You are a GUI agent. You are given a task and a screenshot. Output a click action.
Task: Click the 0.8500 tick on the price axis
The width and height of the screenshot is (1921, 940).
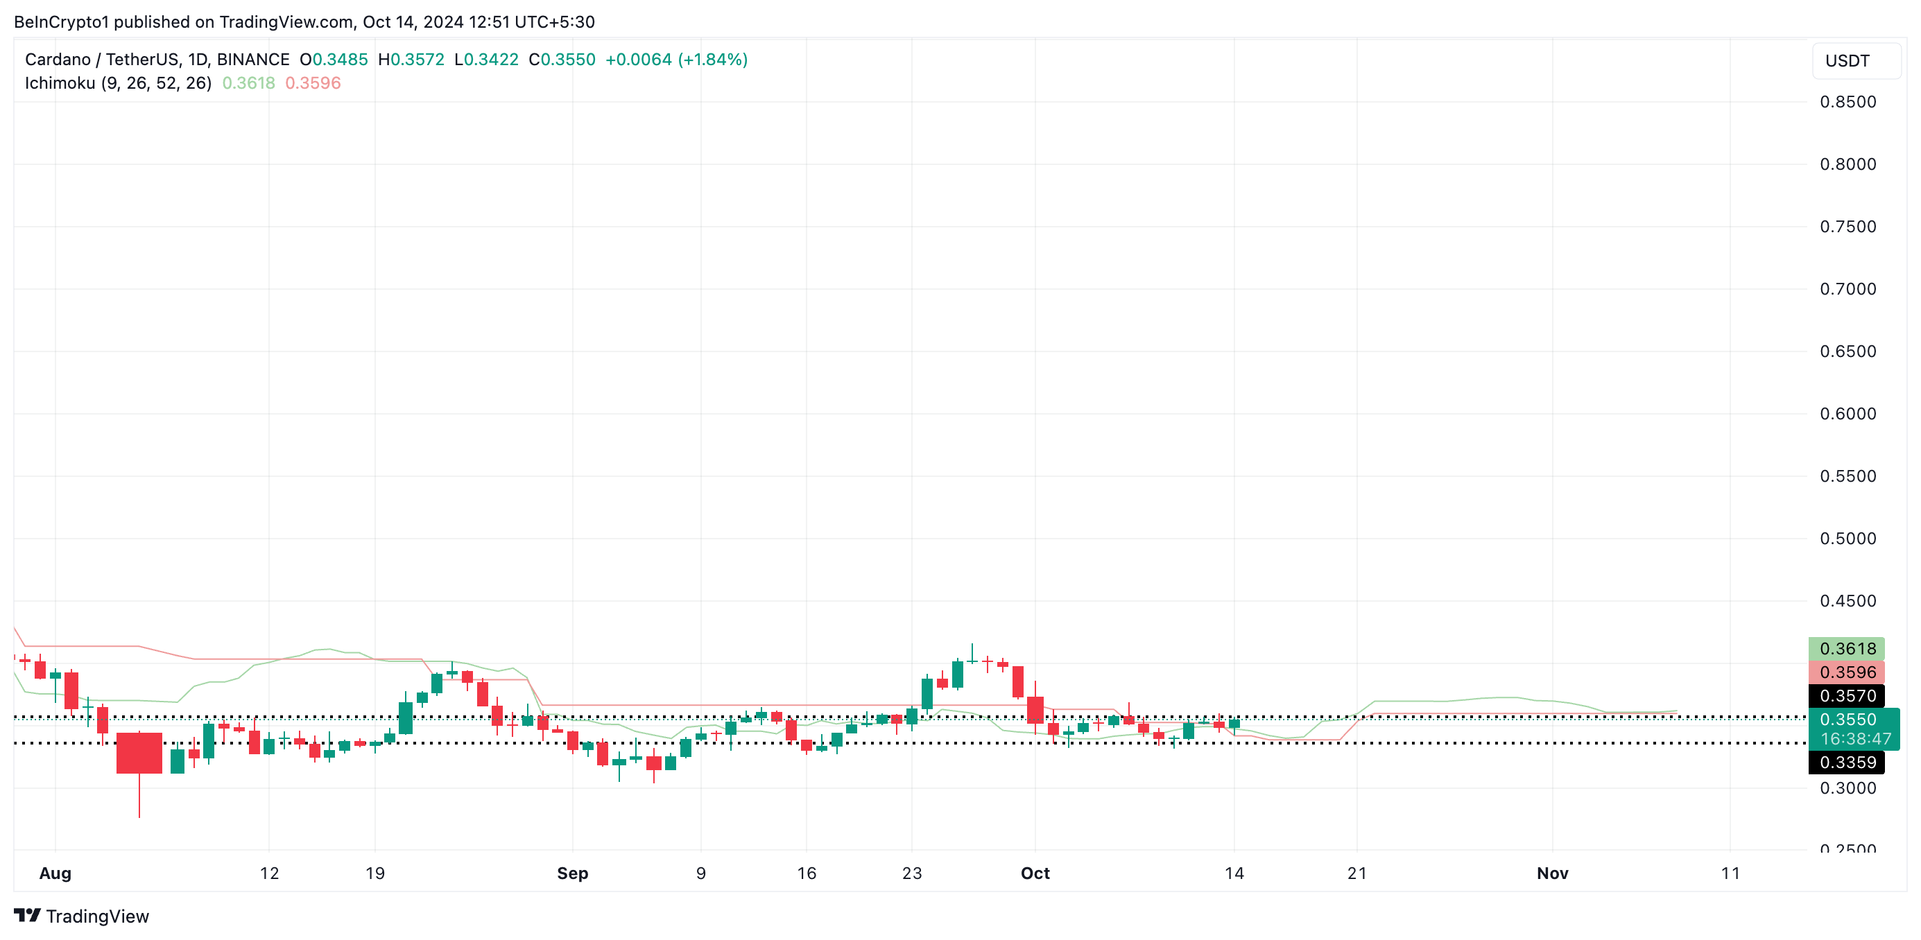[1847, 102]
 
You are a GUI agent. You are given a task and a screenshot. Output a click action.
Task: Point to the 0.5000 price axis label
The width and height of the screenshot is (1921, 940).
[1847, 538]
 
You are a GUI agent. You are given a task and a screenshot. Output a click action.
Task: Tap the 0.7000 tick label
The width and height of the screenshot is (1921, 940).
[1847, 289]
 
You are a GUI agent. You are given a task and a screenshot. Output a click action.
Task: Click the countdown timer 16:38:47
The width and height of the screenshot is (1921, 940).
[1855, 739]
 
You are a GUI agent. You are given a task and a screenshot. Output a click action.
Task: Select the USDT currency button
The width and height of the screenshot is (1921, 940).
[1847, 61]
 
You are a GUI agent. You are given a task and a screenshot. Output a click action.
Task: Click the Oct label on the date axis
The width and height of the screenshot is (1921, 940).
[1035, 873]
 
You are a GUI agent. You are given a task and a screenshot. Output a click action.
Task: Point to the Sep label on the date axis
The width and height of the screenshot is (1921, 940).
[572, 873]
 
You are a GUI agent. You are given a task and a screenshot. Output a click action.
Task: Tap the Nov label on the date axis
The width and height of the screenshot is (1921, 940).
[1552, 873]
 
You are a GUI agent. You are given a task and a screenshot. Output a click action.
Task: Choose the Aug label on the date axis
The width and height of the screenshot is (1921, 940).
[55, 873]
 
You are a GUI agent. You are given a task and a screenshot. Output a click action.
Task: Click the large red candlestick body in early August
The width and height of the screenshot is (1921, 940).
[139, 753]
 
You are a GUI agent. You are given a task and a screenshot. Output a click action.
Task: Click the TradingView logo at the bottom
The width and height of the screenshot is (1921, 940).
[82, 916]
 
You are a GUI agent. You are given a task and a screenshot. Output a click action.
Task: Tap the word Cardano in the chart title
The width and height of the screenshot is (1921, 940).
[58, 60]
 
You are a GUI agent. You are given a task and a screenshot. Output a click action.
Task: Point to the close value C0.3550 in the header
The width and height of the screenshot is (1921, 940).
[562, 60]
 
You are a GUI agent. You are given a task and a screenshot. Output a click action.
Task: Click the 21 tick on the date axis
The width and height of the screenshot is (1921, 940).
[1356, 873]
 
